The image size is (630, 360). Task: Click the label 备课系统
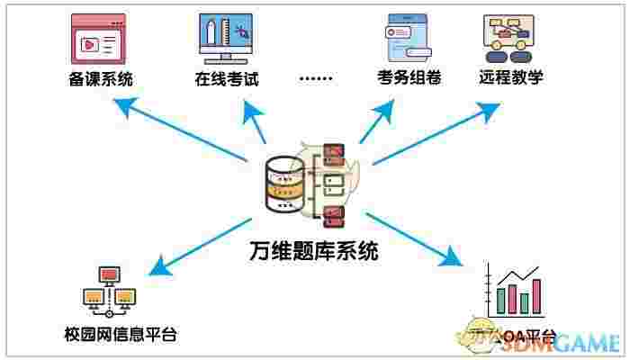101,78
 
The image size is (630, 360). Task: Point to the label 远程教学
510,76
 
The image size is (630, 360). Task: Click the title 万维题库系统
312,251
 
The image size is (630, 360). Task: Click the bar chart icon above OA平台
511,292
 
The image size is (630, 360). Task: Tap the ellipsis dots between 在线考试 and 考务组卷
315,79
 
